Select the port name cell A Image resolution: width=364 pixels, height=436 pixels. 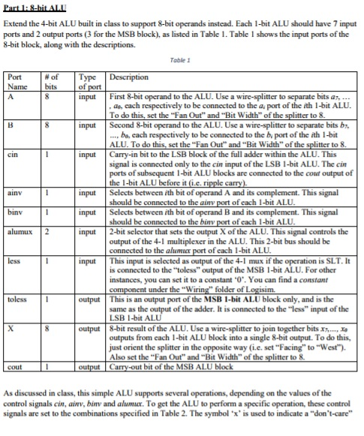(x=10, y=95)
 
